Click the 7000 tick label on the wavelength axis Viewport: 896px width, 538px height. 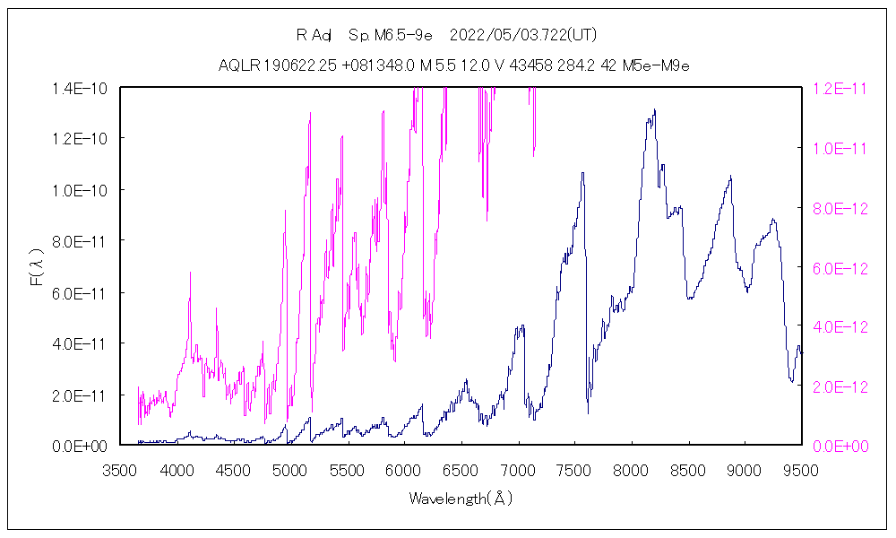point(517,470)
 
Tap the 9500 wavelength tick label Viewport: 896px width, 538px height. point(800,470)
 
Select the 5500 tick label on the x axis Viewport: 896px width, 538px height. point(347,470)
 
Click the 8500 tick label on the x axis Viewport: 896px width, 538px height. point(687,470)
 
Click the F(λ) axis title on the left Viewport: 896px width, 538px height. point(37,266)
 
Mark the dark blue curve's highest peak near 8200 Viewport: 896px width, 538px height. point(655,110)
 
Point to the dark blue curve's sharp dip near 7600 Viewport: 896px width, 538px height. point(588,412)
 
